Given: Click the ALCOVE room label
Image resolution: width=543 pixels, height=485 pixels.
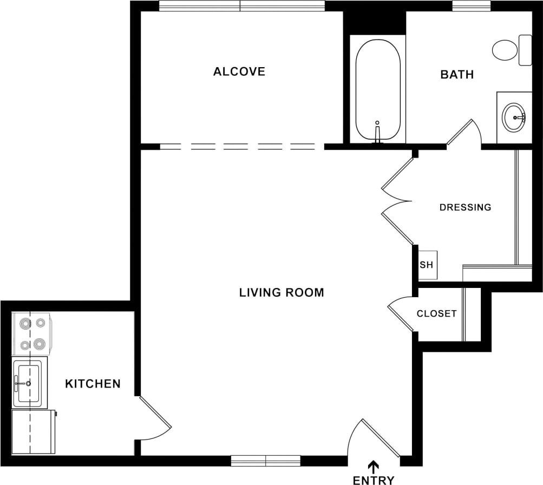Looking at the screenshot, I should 239,71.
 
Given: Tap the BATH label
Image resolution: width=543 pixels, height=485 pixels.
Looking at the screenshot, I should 457,75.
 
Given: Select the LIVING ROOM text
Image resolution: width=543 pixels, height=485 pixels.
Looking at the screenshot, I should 282,293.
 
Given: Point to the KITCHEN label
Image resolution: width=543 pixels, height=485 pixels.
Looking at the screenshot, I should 93,384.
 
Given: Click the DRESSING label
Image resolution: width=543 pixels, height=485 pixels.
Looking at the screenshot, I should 465,207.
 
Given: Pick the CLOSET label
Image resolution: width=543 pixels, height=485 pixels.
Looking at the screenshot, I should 436,313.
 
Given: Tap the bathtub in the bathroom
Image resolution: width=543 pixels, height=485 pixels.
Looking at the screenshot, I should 378,89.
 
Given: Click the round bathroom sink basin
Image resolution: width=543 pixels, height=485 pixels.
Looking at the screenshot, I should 514,117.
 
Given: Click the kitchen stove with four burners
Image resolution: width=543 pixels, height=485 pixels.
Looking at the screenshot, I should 32,333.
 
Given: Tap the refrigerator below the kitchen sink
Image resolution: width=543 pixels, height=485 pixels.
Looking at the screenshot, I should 33,431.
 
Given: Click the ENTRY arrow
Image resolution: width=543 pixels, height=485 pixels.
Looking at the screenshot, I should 374,466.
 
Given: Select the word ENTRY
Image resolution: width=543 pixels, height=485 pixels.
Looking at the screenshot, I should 374,480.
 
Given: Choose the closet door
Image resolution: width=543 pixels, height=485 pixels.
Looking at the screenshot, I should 401,314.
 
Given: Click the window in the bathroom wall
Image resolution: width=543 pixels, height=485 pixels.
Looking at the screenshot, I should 471,6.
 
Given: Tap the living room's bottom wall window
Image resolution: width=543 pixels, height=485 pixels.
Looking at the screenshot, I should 265,461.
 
